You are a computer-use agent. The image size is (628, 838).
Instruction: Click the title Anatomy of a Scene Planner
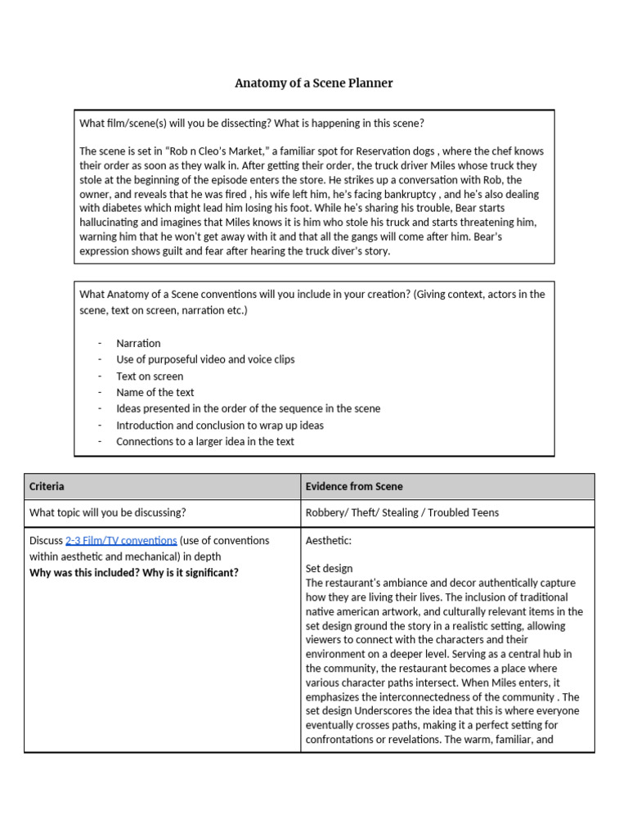point(314,83)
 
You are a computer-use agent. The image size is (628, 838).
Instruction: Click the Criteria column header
point(47,486)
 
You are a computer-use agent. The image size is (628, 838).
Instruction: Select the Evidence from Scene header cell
point(353,486)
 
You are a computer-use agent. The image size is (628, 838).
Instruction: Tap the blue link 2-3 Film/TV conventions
point(121,541)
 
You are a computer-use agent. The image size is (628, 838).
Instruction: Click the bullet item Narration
point(138,343)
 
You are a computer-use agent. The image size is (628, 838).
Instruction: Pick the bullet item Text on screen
point(150,376)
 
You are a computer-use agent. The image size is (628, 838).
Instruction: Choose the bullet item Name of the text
point(155,392)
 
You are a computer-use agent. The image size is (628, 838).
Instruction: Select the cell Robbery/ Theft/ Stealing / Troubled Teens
point(401,513)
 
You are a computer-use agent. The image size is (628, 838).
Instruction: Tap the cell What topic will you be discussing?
point(107,513)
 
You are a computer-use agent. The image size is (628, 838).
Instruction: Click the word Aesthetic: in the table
point(329,541)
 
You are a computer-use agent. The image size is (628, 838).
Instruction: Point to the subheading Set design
point(329,568)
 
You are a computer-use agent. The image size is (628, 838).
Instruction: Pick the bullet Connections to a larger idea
point(205,441)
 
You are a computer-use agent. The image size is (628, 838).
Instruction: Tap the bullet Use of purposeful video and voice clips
point(205,359)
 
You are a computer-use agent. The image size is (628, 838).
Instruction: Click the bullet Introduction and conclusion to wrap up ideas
point(220,425)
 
